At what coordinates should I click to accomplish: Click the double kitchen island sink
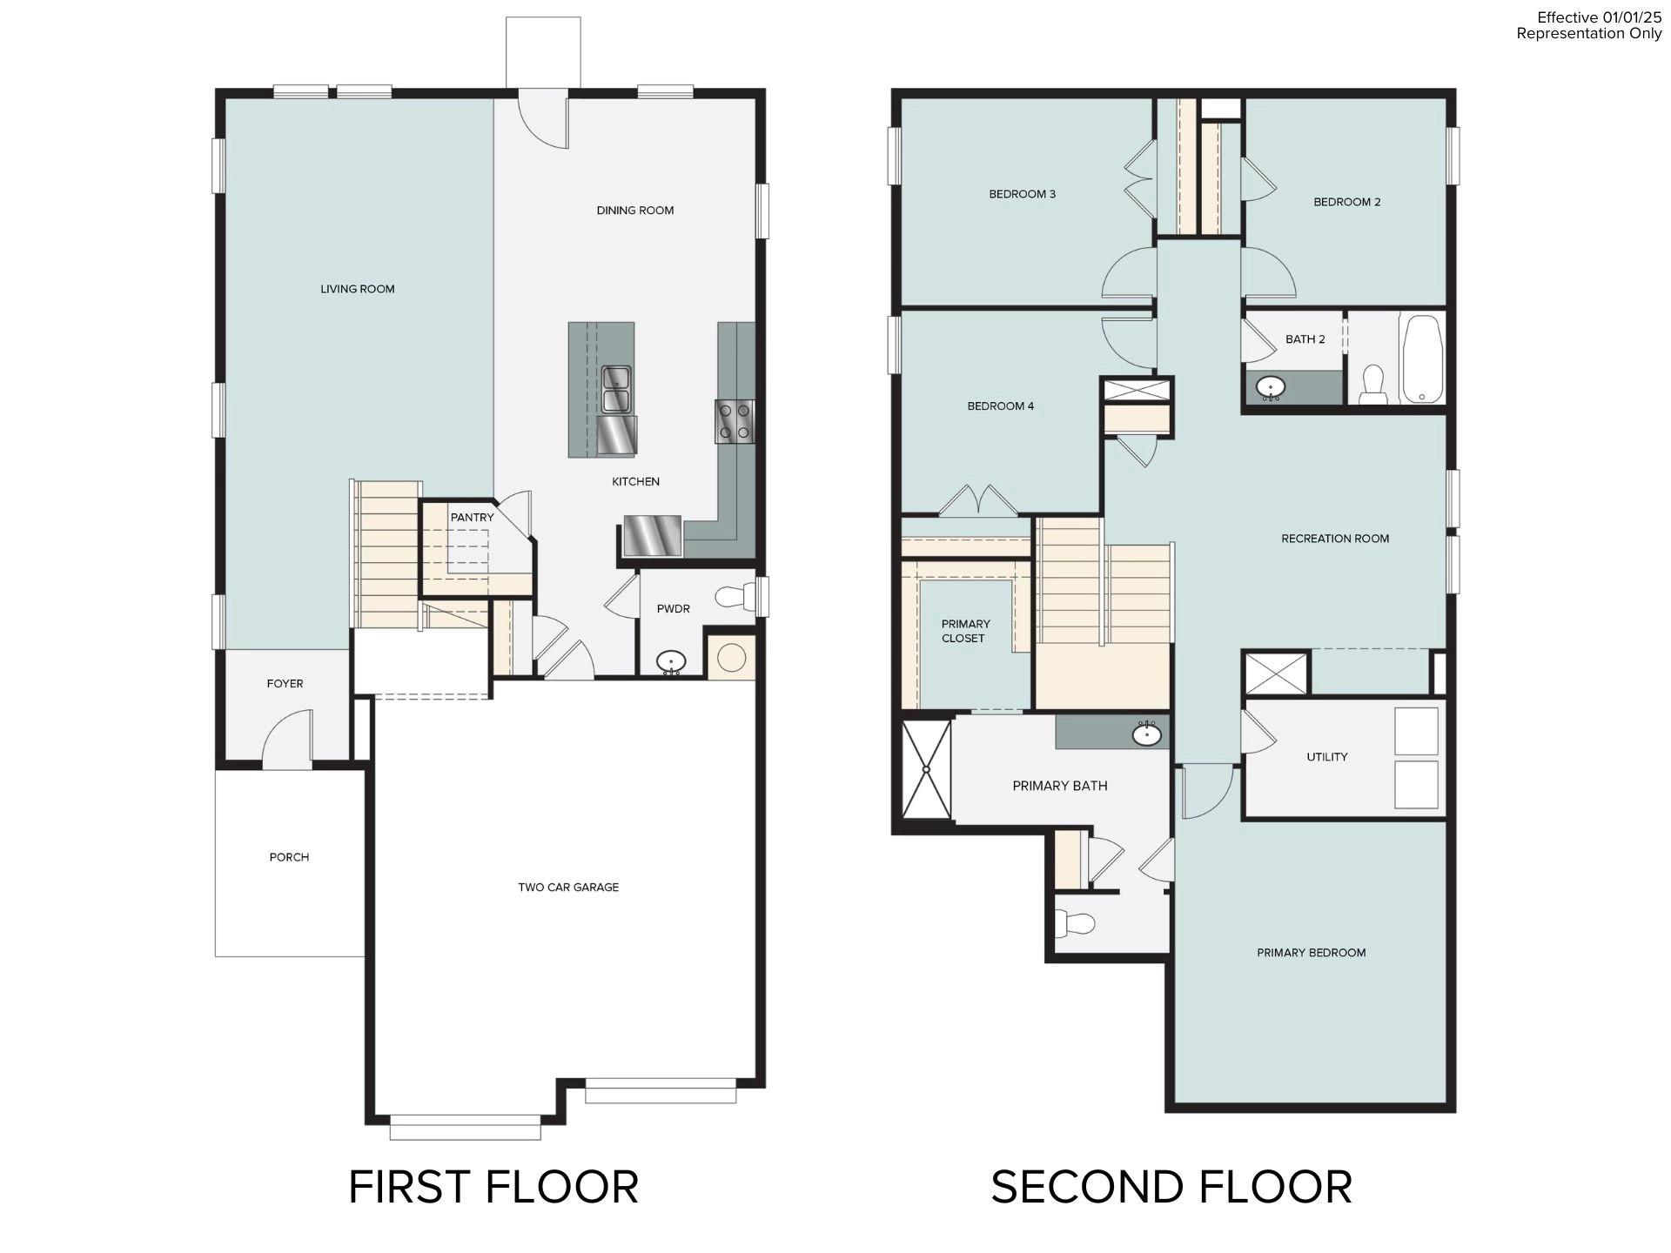(617, 389)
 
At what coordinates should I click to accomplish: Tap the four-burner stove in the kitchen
(735, 421)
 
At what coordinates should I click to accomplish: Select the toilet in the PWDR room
(735, 597)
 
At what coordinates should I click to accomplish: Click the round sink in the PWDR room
(670, 662)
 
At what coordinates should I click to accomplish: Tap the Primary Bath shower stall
(926, 769)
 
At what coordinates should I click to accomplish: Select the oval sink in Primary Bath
(1146, 735)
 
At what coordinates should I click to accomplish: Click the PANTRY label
(472, 518)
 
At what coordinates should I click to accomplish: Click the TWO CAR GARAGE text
(568, 888)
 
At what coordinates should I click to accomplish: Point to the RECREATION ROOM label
(1334, 539)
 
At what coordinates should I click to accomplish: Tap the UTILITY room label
(1326, 757)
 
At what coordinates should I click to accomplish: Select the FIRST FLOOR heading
(493, 1187)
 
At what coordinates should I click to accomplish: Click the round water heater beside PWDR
(731, 658)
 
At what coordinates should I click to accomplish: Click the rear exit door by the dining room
(543, 122)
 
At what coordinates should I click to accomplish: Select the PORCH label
(289, 857)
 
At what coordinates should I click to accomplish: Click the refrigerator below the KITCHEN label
(652, 535)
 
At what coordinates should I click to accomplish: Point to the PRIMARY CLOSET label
(964, 631)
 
